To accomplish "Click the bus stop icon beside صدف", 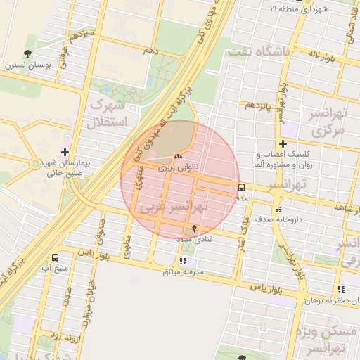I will (x=242, y=187).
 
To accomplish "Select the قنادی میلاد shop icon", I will (x=195, y=229).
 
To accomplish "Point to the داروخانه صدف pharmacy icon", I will (x=279, y=209).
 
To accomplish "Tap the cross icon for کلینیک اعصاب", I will (x=283, y=143).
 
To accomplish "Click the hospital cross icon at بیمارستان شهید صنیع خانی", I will (x=65, y=151).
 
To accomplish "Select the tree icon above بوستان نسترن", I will (x=27, y=53).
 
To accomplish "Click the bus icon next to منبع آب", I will (x=56, y=257).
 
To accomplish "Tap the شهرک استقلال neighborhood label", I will (x=110, y=113).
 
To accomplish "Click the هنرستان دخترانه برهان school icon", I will (x=341, y=289).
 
